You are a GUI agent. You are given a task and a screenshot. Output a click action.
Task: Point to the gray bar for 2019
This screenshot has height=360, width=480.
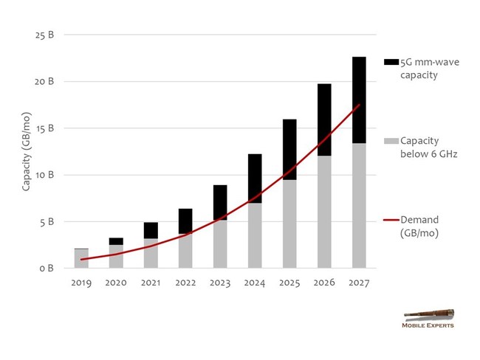click(81, 258)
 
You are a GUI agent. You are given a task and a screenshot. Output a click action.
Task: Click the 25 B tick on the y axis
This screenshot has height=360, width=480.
click(45, 35)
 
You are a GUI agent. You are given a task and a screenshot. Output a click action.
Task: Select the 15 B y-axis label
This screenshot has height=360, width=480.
click(45, 128)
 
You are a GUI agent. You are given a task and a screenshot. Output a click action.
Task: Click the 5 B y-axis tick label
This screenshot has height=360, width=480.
click(47, 221)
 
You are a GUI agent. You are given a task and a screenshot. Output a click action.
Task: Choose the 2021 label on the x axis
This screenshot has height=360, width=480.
click(151, 282)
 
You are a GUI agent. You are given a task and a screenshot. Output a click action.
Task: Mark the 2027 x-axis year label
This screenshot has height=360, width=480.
click(359, 282)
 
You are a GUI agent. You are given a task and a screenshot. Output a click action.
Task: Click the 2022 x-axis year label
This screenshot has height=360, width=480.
click(186, 282)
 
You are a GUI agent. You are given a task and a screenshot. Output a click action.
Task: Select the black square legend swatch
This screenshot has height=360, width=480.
click(391, 62)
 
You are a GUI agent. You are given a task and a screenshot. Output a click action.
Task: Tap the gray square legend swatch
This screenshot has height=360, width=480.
click(391, 140)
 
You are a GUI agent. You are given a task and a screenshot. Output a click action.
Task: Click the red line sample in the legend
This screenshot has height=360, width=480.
click(391, 220)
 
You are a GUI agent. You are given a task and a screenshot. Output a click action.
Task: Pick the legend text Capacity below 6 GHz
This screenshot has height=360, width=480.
click(431, 147)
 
